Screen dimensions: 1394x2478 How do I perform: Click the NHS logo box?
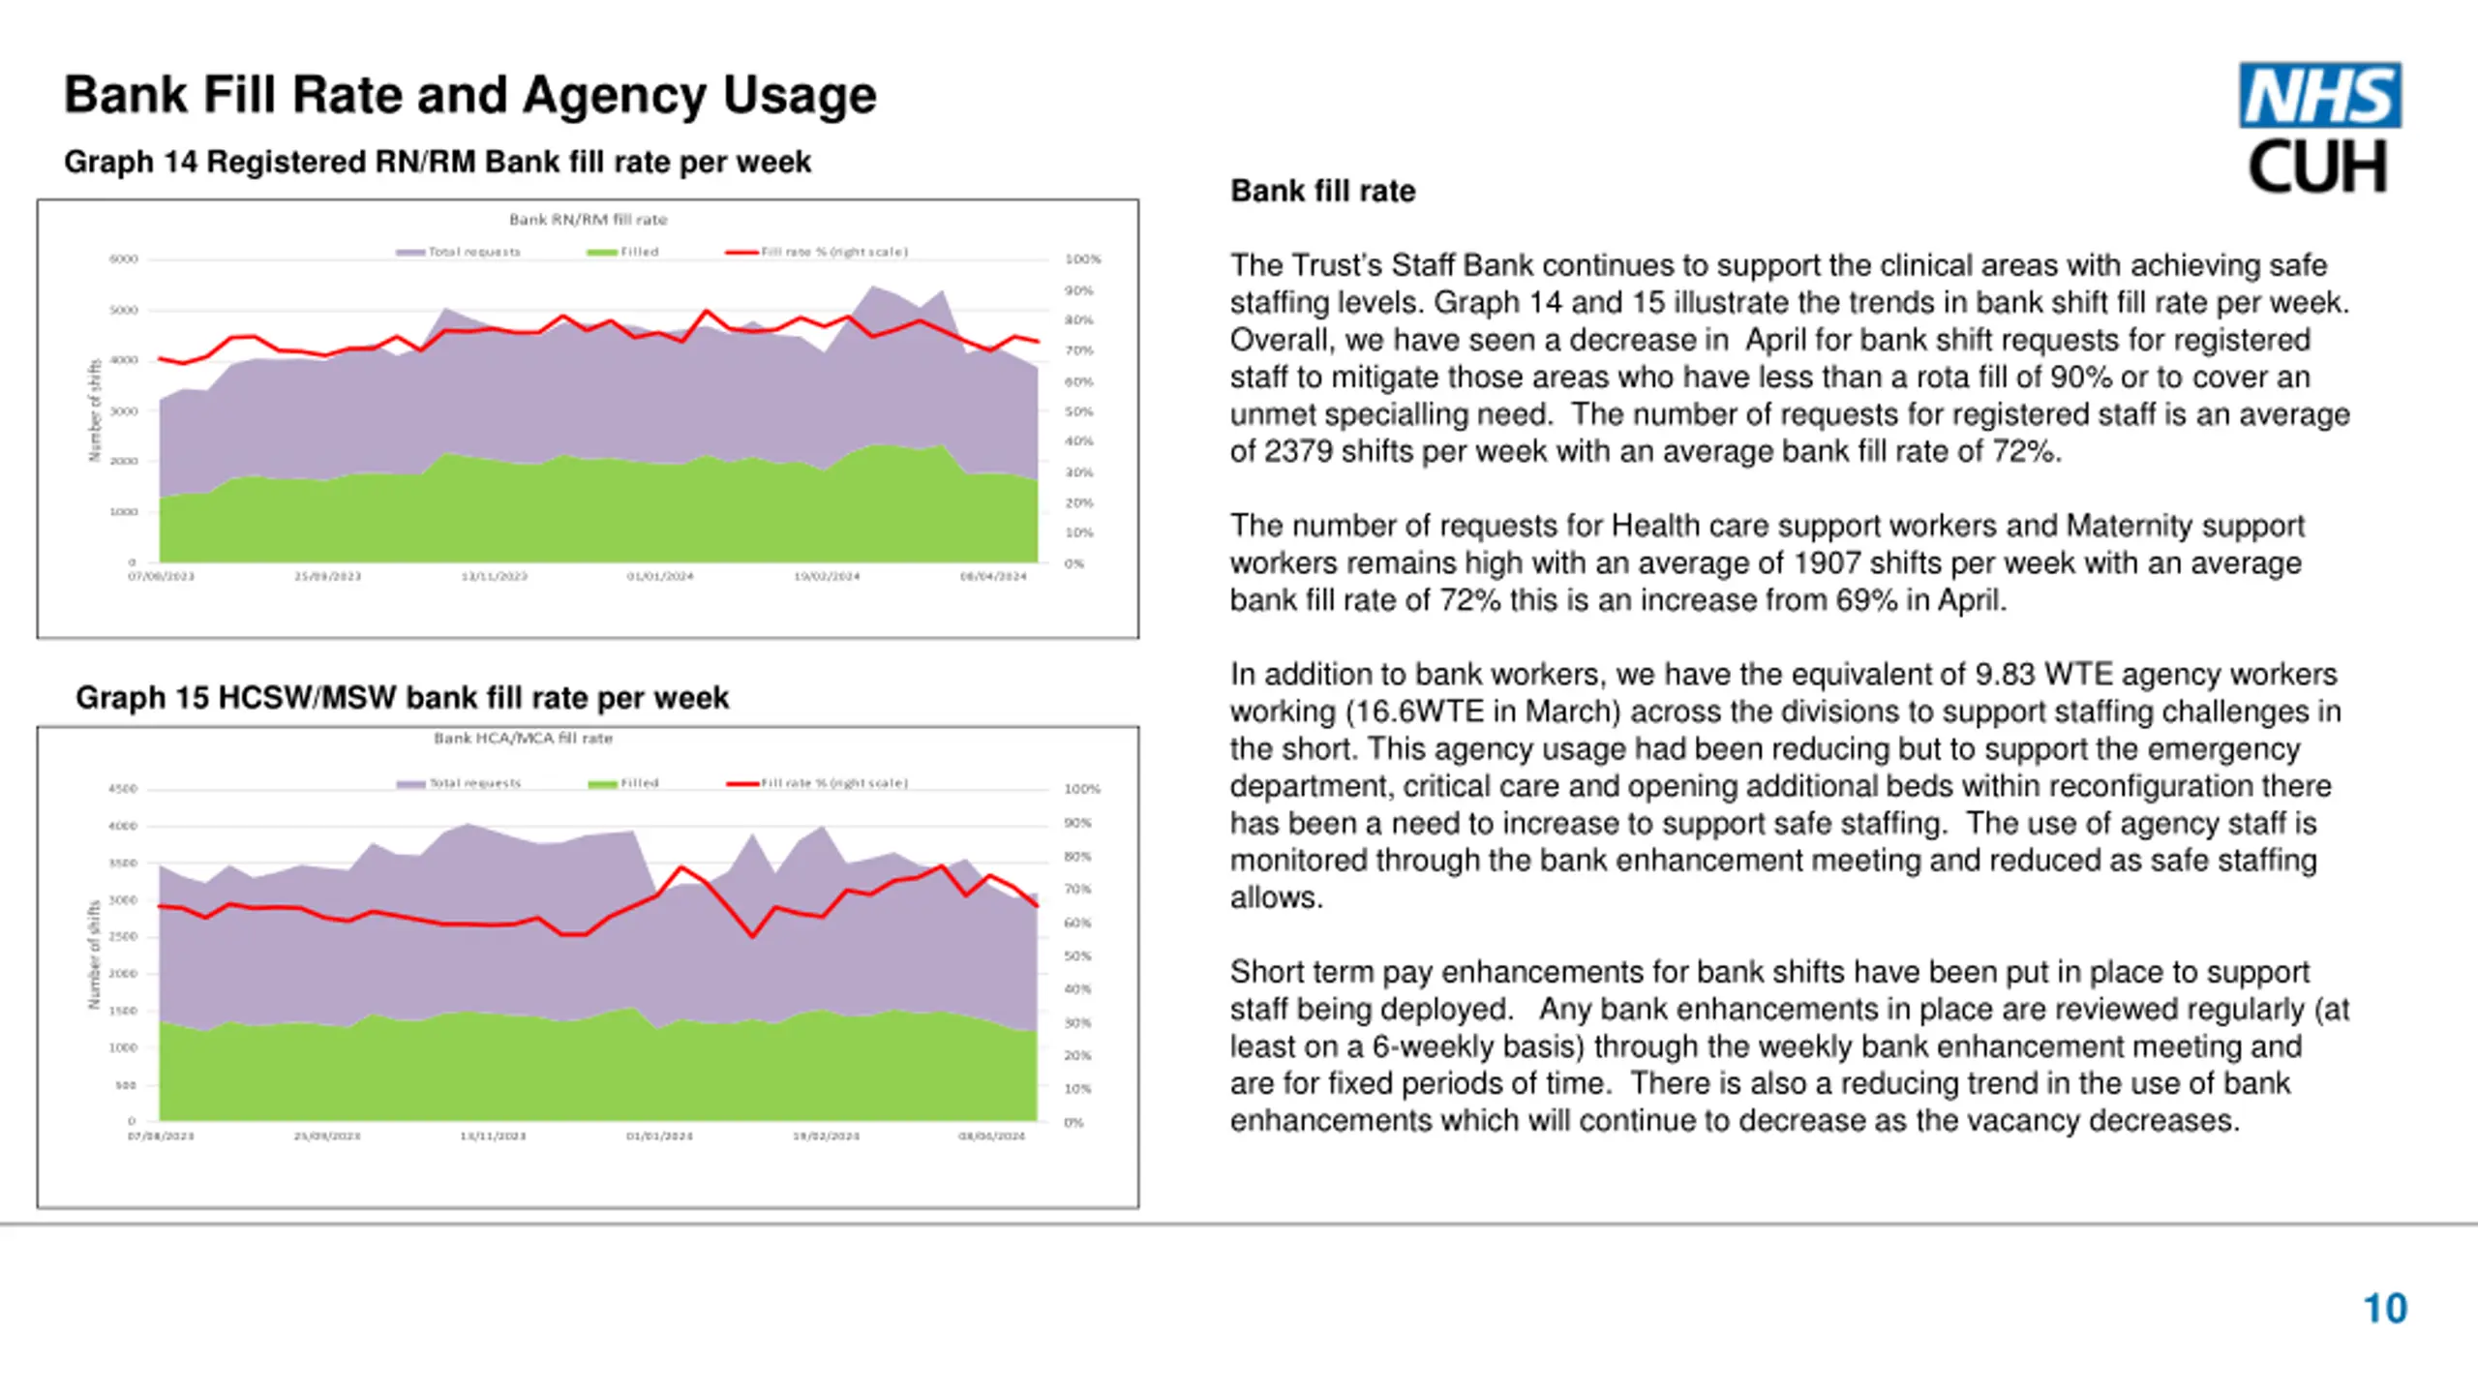point(2319,95)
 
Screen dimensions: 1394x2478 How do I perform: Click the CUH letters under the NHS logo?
point(2317,167)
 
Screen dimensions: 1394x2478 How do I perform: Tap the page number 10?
point(2385,1309)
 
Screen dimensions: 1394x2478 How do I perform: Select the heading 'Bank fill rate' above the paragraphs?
point(1322,191)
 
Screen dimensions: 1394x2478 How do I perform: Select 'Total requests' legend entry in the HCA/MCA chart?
point(474,783)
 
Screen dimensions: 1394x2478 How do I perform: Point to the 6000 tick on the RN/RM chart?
point(123,259)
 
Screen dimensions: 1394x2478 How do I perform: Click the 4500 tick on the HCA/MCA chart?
point(123,789)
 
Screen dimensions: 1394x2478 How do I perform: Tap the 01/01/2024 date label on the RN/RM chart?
point(660,576)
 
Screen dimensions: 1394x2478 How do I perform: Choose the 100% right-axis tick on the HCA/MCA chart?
point(1082,789)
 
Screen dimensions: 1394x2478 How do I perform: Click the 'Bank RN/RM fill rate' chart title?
point(588,220)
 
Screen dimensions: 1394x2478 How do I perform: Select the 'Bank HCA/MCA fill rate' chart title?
point(523,739)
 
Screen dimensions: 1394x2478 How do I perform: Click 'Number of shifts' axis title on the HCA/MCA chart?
point(94,955)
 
